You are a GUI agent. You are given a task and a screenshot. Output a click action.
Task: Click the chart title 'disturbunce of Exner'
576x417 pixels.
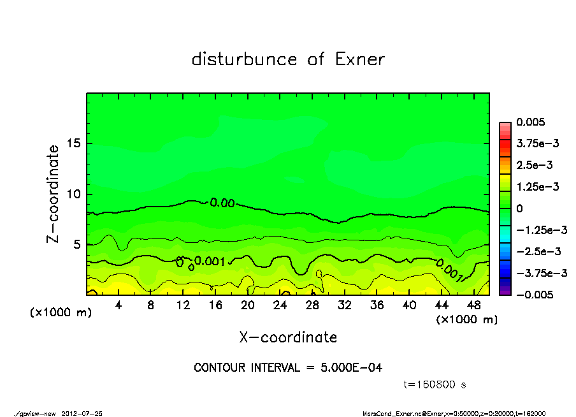coord(288,59)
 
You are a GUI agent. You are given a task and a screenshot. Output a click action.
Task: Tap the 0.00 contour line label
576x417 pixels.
coord(222,203)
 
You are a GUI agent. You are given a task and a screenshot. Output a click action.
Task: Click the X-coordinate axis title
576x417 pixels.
coord(288,337)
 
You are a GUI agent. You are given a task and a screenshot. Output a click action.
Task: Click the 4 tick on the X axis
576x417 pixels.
coord(119,305)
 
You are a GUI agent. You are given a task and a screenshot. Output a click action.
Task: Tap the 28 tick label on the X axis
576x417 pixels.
coord(312,305)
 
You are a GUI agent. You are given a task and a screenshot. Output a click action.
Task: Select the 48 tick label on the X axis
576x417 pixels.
coord(473,305)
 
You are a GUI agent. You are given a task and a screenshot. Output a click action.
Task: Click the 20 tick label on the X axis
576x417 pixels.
coord(248,305)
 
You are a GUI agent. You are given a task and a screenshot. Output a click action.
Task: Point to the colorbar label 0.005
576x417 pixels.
coord(533,122)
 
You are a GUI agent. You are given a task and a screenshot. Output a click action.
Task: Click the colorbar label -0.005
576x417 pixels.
coord(535,295)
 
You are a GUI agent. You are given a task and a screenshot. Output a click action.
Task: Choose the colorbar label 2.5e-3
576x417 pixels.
coord(535,165)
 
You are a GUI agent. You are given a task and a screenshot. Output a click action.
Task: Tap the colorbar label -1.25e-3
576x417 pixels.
coord(538,230)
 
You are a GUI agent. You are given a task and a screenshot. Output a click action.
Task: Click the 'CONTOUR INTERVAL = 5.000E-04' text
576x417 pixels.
coord(288,368)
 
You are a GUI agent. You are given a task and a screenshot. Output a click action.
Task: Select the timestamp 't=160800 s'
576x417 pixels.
coord(435,384)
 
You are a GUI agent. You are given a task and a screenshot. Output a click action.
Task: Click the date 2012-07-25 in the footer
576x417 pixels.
coord(82,413)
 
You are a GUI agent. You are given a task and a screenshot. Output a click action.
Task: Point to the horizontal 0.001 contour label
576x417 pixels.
coord(208,261)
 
